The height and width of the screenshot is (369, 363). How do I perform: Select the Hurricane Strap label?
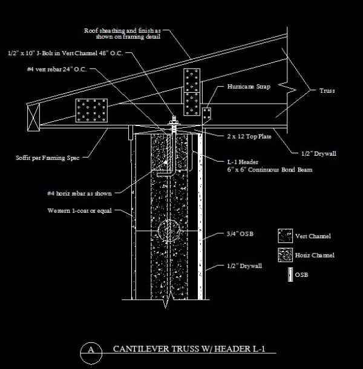pos(249,87)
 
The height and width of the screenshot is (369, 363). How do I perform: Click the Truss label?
pos(327,91)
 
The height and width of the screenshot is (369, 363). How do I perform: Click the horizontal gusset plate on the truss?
pos(91,110)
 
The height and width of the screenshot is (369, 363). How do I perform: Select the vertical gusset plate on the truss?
pos(192,91)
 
